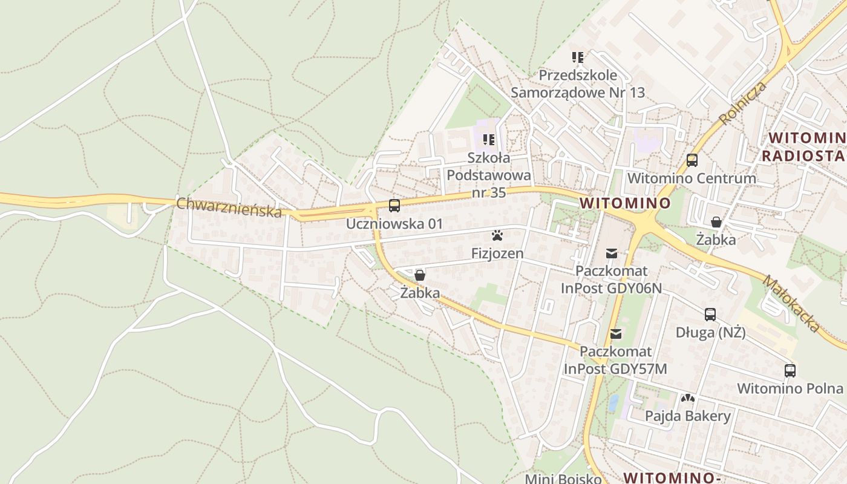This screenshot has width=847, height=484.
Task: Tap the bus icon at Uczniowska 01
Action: [394, 206]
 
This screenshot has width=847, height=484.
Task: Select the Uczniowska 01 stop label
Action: [394, 224]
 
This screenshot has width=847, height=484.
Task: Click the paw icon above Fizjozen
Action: [497, 235]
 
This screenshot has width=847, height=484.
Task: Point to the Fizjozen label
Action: [497, 253]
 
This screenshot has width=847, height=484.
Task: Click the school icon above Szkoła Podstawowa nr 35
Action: [489, 140]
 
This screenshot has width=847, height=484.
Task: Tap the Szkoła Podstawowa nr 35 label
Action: [489, 175]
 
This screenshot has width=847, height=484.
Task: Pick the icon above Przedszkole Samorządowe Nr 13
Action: [578, 58]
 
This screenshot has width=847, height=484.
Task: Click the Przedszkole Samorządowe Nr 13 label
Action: [578, 84]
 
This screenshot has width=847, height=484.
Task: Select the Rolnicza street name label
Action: [743, 103]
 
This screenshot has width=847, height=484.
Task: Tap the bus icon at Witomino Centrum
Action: [692, 160]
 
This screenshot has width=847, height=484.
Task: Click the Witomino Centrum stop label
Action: [692, 178]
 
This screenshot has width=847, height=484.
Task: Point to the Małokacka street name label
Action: [791, 304]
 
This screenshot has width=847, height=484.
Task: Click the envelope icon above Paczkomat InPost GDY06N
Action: [612, 253]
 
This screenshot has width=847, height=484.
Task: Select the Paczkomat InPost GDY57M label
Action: [615, 360]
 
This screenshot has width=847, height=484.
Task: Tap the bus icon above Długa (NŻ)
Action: [710, 315]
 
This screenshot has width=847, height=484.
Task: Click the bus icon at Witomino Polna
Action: [790, 371]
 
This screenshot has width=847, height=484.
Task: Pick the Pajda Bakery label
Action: [687, 416]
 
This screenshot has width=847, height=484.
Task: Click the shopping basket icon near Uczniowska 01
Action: [420, 276]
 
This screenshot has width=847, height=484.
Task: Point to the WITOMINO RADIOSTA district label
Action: [803, 147]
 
